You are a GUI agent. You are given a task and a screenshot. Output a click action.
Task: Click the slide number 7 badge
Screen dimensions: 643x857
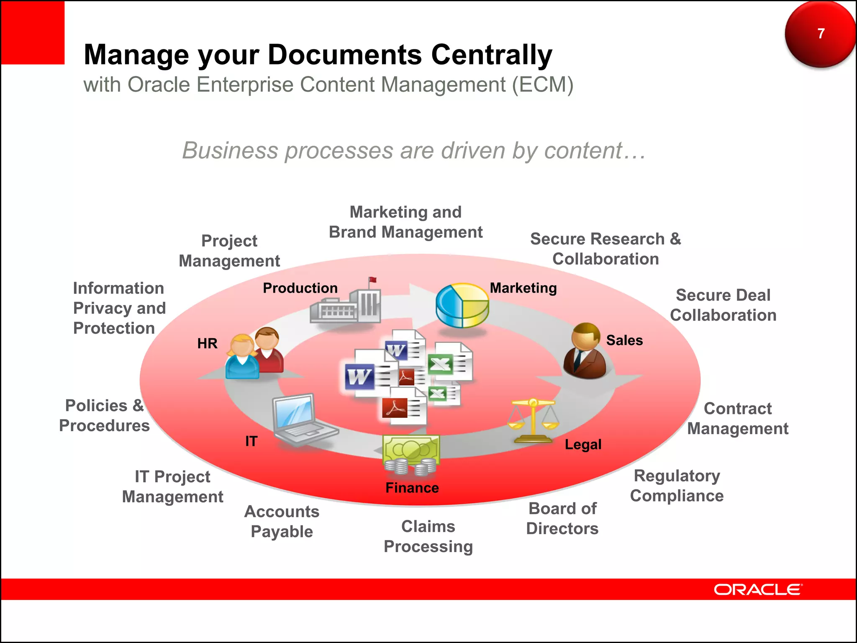click(x=820, y=33)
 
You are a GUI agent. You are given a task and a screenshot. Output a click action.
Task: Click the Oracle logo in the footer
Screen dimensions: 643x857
click(x=757, y=589)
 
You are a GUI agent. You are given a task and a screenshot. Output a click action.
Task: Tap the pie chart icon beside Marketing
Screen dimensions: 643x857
click(x=462, y=306)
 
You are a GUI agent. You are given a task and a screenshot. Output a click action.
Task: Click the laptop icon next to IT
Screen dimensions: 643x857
click(x=300, y=419)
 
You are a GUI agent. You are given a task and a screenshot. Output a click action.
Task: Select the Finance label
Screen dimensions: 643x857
click(x=412, y=488)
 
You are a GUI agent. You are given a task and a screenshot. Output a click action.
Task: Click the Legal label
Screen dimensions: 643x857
click(x=583, y=444)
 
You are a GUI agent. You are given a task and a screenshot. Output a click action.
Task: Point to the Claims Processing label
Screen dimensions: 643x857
click(x=428, y=537)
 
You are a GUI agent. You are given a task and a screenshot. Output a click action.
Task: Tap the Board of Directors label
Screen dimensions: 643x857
click(x=562, y=519)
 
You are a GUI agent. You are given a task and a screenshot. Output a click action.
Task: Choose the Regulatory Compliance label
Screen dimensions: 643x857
click(x=677, y=486)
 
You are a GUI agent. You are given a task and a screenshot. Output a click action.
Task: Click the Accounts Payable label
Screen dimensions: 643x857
click(x=282, y=522)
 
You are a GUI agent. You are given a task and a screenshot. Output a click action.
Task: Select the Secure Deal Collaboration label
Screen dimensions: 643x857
click(x=723, y=305)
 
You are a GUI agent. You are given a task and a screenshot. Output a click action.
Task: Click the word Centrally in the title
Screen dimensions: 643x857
click(x=492, y=55)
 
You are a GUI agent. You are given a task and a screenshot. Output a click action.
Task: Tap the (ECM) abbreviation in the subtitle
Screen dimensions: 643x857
click(x=543, y=85)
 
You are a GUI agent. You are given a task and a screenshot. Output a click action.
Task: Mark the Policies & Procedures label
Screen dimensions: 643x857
click(x=104, y=416)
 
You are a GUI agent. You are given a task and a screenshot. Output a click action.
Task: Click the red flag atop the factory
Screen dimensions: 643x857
click(x=372, y=280)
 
